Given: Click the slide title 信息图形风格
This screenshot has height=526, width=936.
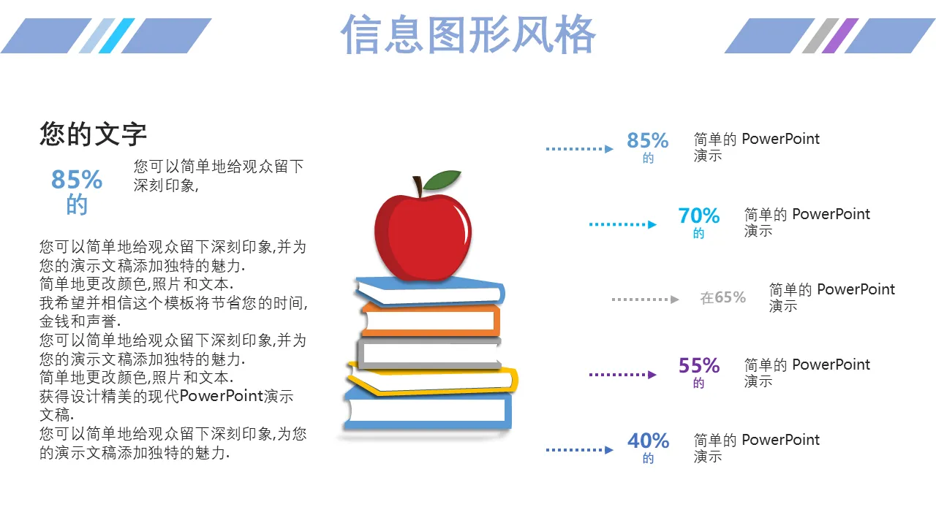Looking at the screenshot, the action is click(x=468, y=34).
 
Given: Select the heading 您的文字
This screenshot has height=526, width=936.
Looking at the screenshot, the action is click(x=93, y=134).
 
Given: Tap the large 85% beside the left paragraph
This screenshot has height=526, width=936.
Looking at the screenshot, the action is click(x=77, y=180).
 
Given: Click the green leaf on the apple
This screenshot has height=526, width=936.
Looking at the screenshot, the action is click(x=442, y=180).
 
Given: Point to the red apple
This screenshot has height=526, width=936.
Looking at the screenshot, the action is click(x=423, y=237).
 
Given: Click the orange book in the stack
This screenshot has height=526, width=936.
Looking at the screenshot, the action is click(x=431, y=320).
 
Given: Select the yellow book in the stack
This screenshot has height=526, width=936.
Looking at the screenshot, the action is click(x=432, y=380).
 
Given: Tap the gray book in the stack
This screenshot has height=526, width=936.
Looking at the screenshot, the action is click(x=429, y=353).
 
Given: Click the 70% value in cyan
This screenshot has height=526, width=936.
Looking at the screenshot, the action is click(x=698, y=216).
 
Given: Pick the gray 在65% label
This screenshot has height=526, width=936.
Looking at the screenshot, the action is click(x=723, y=297).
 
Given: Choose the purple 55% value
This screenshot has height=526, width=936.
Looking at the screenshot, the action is click(x=699, y=366).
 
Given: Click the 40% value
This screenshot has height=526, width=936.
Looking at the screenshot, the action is click(x=648, y=441).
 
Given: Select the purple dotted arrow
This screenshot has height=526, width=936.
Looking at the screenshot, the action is click(x=622, y=375).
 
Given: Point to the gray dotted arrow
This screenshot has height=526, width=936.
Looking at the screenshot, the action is click(x=645, y=300).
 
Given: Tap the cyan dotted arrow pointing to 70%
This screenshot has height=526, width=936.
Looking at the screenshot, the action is click(x=622, y=224).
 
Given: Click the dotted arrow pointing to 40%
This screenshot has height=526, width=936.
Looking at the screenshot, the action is click(x=580, y=450).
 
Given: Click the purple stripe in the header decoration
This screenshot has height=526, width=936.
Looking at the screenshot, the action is click(x=840, y=36).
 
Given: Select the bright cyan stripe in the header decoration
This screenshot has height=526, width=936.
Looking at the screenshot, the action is click(x=116, y=36).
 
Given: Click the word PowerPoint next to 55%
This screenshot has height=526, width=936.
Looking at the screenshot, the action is click(x=831, y=365).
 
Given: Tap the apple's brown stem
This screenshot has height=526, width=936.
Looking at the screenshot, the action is click(x=418, y=186).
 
